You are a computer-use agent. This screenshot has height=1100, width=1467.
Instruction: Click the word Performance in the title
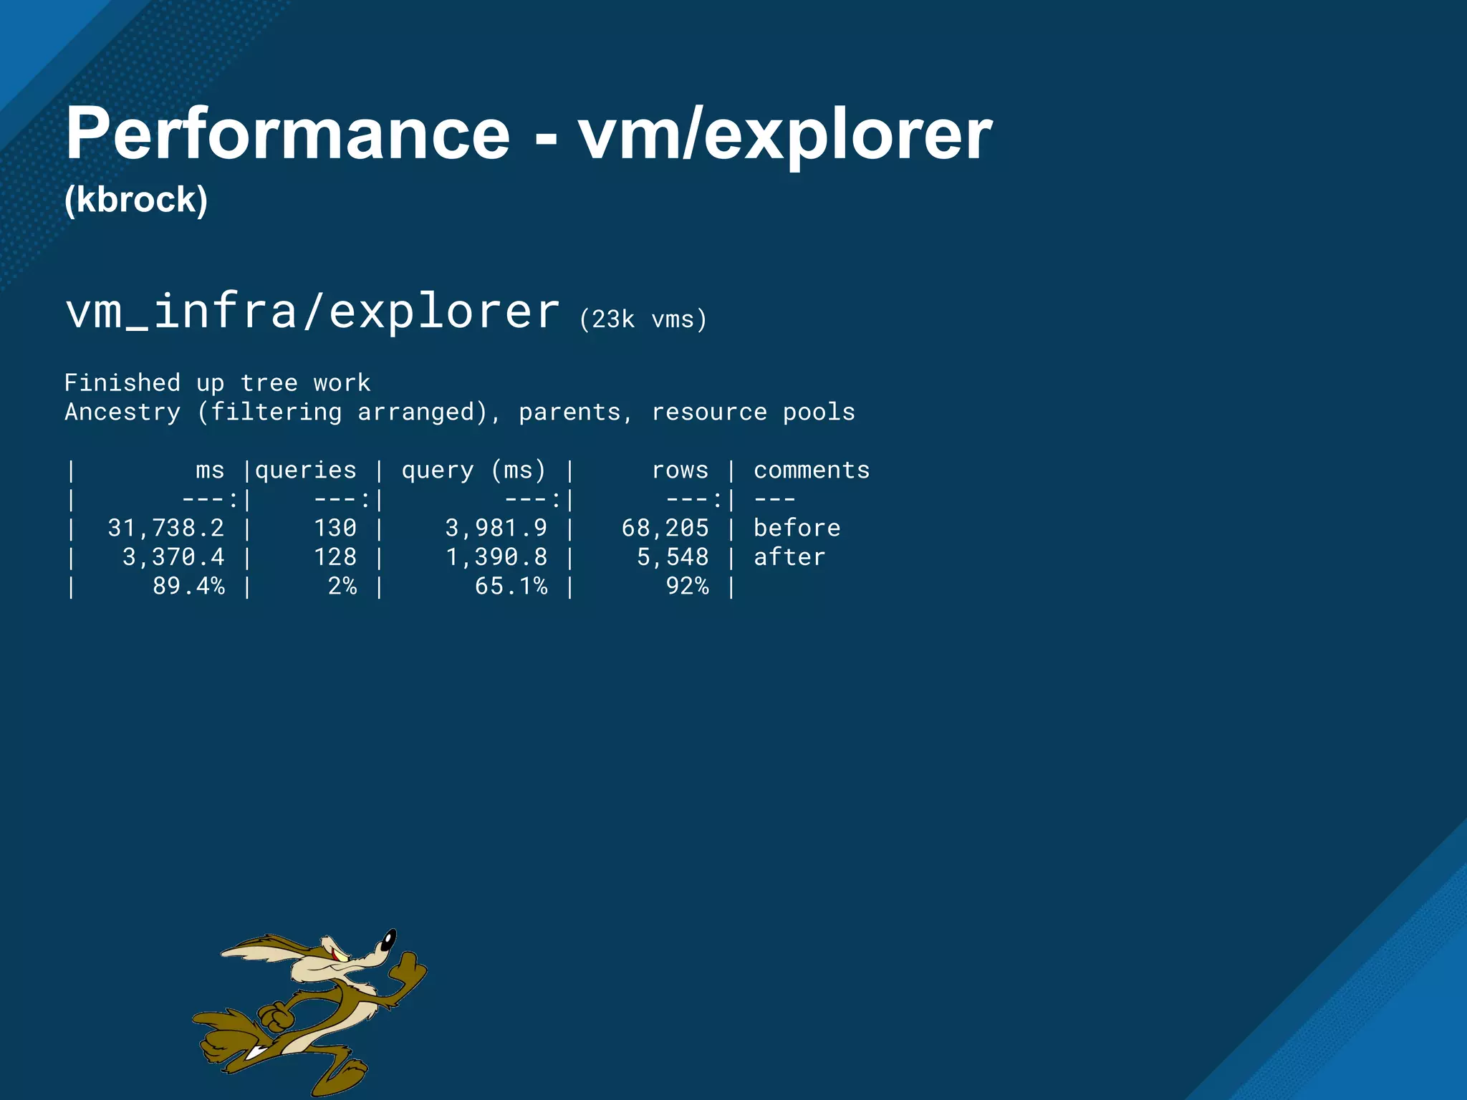tap(287, 135)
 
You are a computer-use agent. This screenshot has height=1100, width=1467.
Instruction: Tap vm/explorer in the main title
tap(784, 135)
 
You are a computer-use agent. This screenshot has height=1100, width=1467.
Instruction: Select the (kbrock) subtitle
tap(136, 200)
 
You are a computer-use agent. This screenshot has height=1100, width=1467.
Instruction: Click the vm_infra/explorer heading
tap(312, 312)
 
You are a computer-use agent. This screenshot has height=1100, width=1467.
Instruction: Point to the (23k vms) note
tap(643, 319)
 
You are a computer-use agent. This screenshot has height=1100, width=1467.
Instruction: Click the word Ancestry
tap(122, 412)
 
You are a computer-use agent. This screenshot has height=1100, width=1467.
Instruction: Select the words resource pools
tap(753, 412)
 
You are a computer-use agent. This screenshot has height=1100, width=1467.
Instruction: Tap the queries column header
tap(305, 471)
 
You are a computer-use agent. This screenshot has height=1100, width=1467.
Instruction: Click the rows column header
tap(680, 471)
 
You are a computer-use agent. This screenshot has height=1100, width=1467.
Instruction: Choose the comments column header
tap(812, 471)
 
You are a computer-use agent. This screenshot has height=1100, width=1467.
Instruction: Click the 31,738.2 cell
tap(166, 529)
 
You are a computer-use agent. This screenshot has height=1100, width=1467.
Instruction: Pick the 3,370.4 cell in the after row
tap(173, 557)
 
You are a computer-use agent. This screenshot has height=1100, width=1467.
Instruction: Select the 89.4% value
tap(188, 587)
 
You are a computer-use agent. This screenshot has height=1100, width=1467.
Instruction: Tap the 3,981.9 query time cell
tap(496, 529)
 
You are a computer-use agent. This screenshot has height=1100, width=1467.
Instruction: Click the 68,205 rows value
tap(665, 529)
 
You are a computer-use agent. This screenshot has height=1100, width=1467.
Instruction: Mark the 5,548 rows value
tap(673, 557)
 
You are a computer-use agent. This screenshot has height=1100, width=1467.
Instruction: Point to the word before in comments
tap(797, 529)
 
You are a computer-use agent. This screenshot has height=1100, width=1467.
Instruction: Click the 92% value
tap(687, 587)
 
